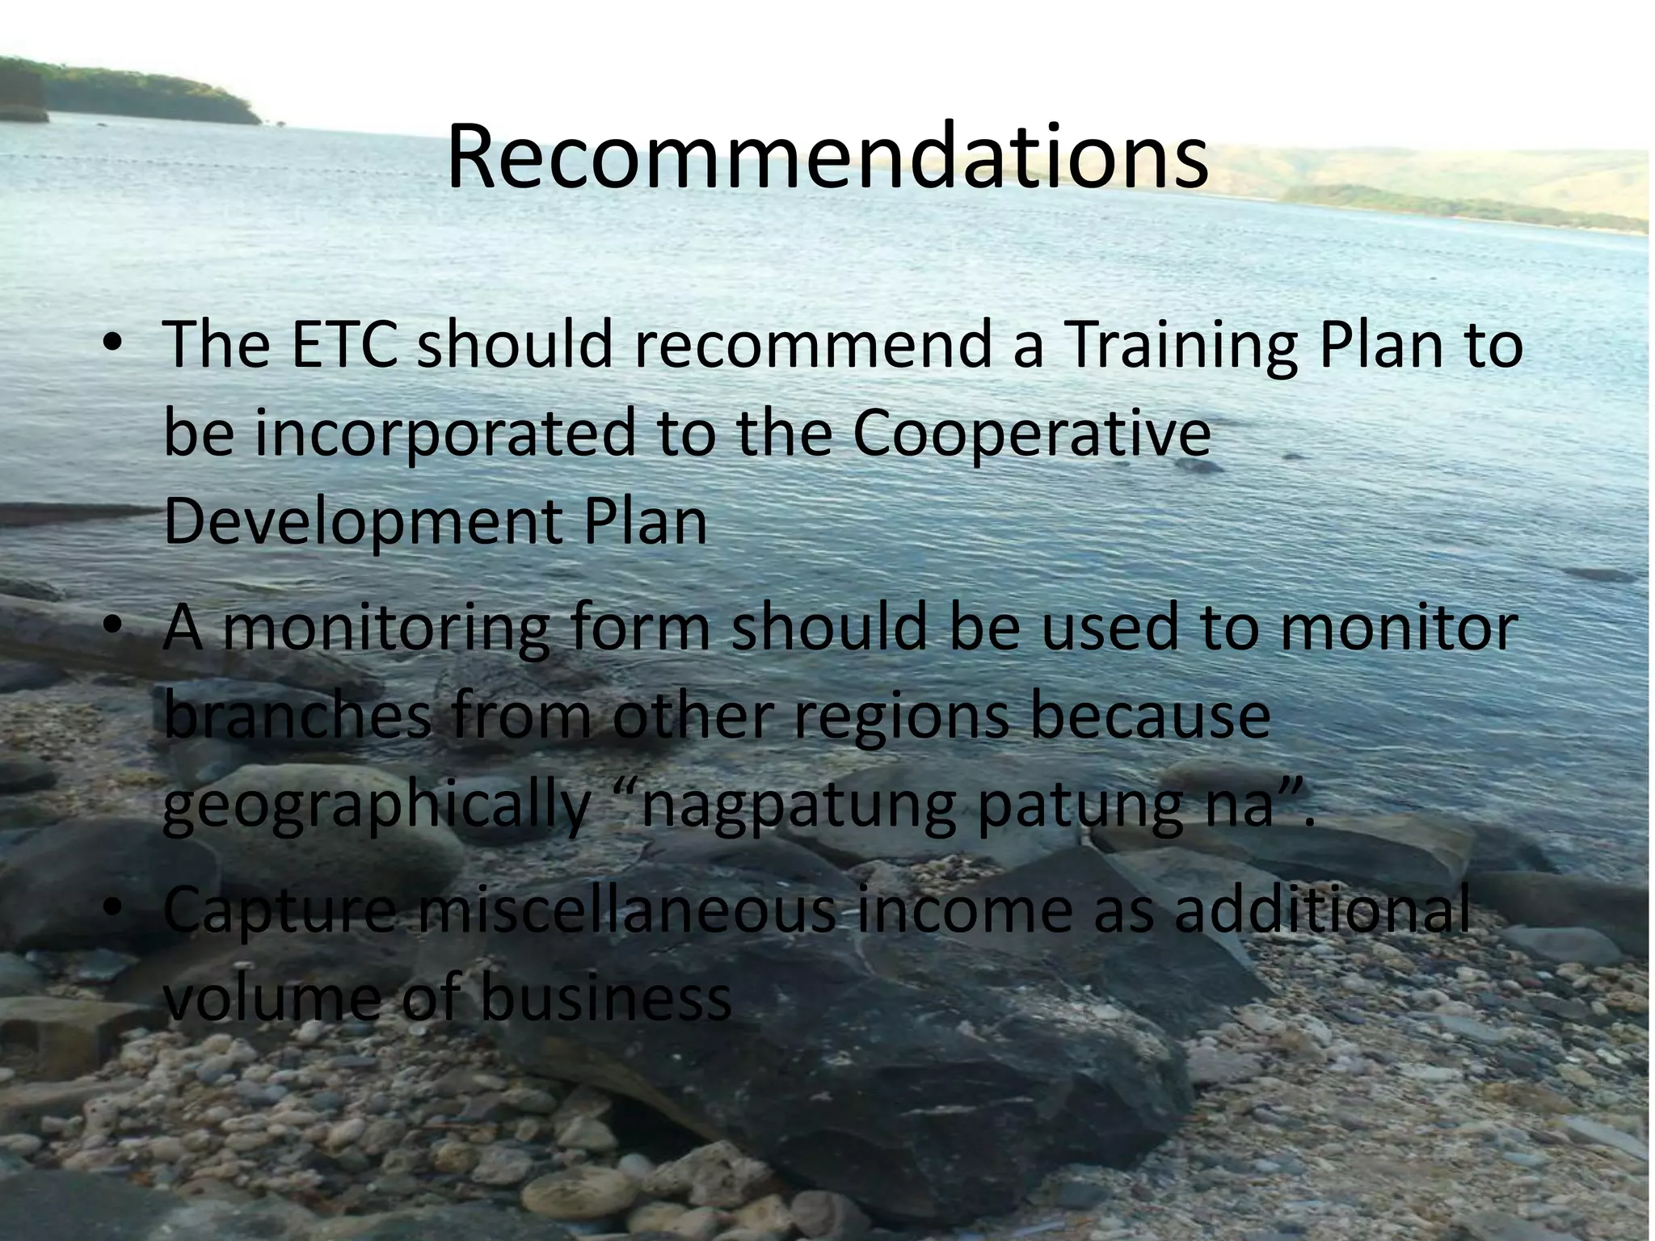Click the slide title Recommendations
(x=827, y=156)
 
